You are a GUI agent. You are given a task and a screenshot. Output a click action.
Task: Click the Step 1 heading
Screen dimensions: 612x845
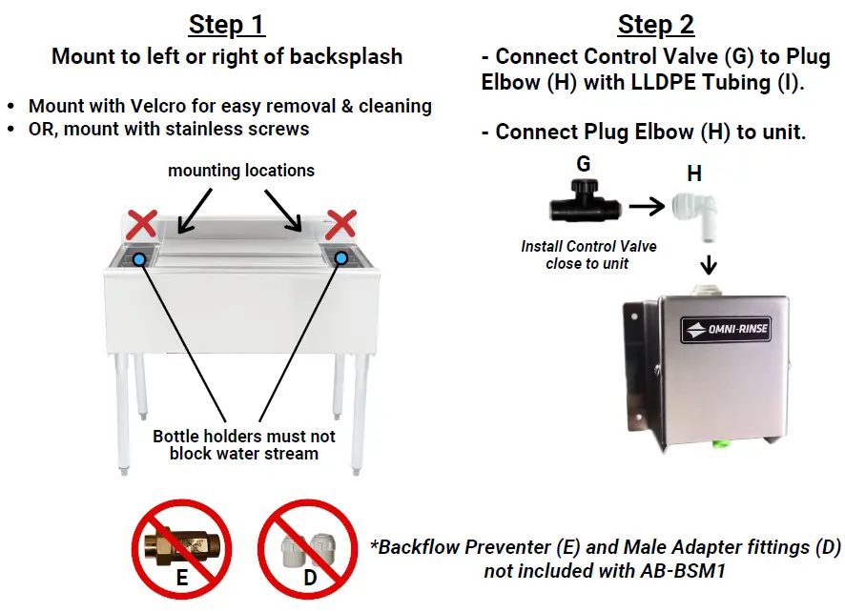[227, 24]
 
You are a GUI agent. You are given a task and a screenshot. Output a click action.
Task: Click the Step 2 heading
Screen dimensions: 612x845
[656, 24]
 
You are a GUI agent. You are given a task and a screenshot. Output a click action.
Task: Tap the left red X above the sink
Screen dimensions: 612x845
[142, 225]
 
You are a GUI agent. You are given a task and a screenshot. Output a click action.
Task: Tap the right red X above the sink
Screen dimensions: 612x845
[341, 225]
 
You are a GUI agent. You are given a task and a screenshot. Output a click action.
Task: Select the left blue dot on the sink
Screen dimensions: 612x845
[140, 258]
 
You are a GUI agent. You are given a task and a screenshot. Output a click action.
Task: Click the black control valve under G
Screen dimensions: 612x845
[584, 203]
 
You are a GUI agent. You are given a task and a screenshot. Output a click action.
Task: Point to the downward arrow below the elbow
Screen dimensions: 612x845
[709, 261]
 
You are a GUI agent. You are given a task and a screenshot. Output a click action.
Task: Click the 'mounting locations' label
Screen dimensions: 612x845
[241, 172]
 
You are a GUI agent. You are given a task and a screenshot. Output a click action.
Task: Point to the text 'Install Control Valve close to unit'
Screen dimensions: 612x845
[588, 255]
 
